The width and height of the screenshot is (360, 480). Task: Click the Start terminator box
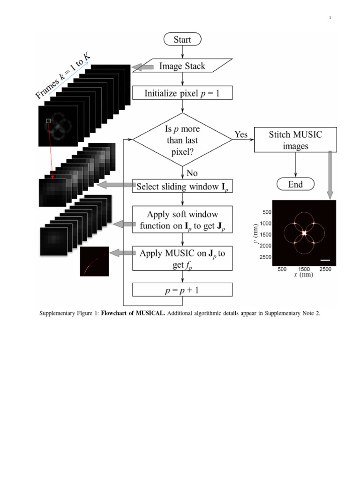182,39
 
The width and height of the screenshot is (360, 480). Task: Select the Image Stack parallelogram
182,66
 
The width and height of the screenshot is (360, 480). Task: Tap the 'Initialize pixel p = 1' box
182,93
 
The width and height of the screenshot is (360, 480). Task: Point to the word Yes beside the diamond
241,135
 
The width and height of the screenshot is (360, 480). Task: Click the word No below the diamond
192,173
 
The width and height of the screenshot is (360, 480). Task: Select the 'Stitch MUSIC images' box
295,140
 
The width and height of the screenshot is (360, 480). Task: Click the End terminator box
295,184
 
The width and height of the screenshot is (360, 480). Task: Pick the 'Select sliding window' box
182,187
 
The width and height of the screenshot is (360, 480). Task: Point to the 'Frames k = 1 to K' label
63,76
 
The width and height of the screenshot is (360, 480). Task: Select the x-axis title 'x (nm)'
303,275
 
